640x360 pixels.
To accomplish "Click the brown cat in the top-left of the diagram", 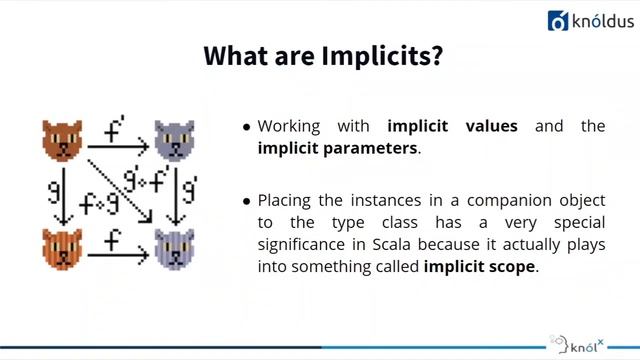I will [62, 139].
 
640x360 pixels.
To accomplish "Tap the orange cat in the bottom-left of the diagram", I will [62, 247].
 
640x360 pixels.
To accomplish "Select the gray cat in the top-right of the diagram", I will [174, 139].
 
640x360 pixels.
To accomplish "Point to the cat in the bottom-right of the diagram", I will [174, 247].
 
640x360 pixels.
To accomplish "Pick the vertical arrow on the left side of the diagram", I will [62, 195].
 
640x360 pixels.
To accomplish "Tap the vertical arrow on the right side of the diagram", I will [176, 195].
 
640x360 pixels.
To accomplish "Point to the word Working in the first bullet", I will [289, 127].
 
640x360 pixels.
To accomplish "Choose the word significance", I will [299, 245].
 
